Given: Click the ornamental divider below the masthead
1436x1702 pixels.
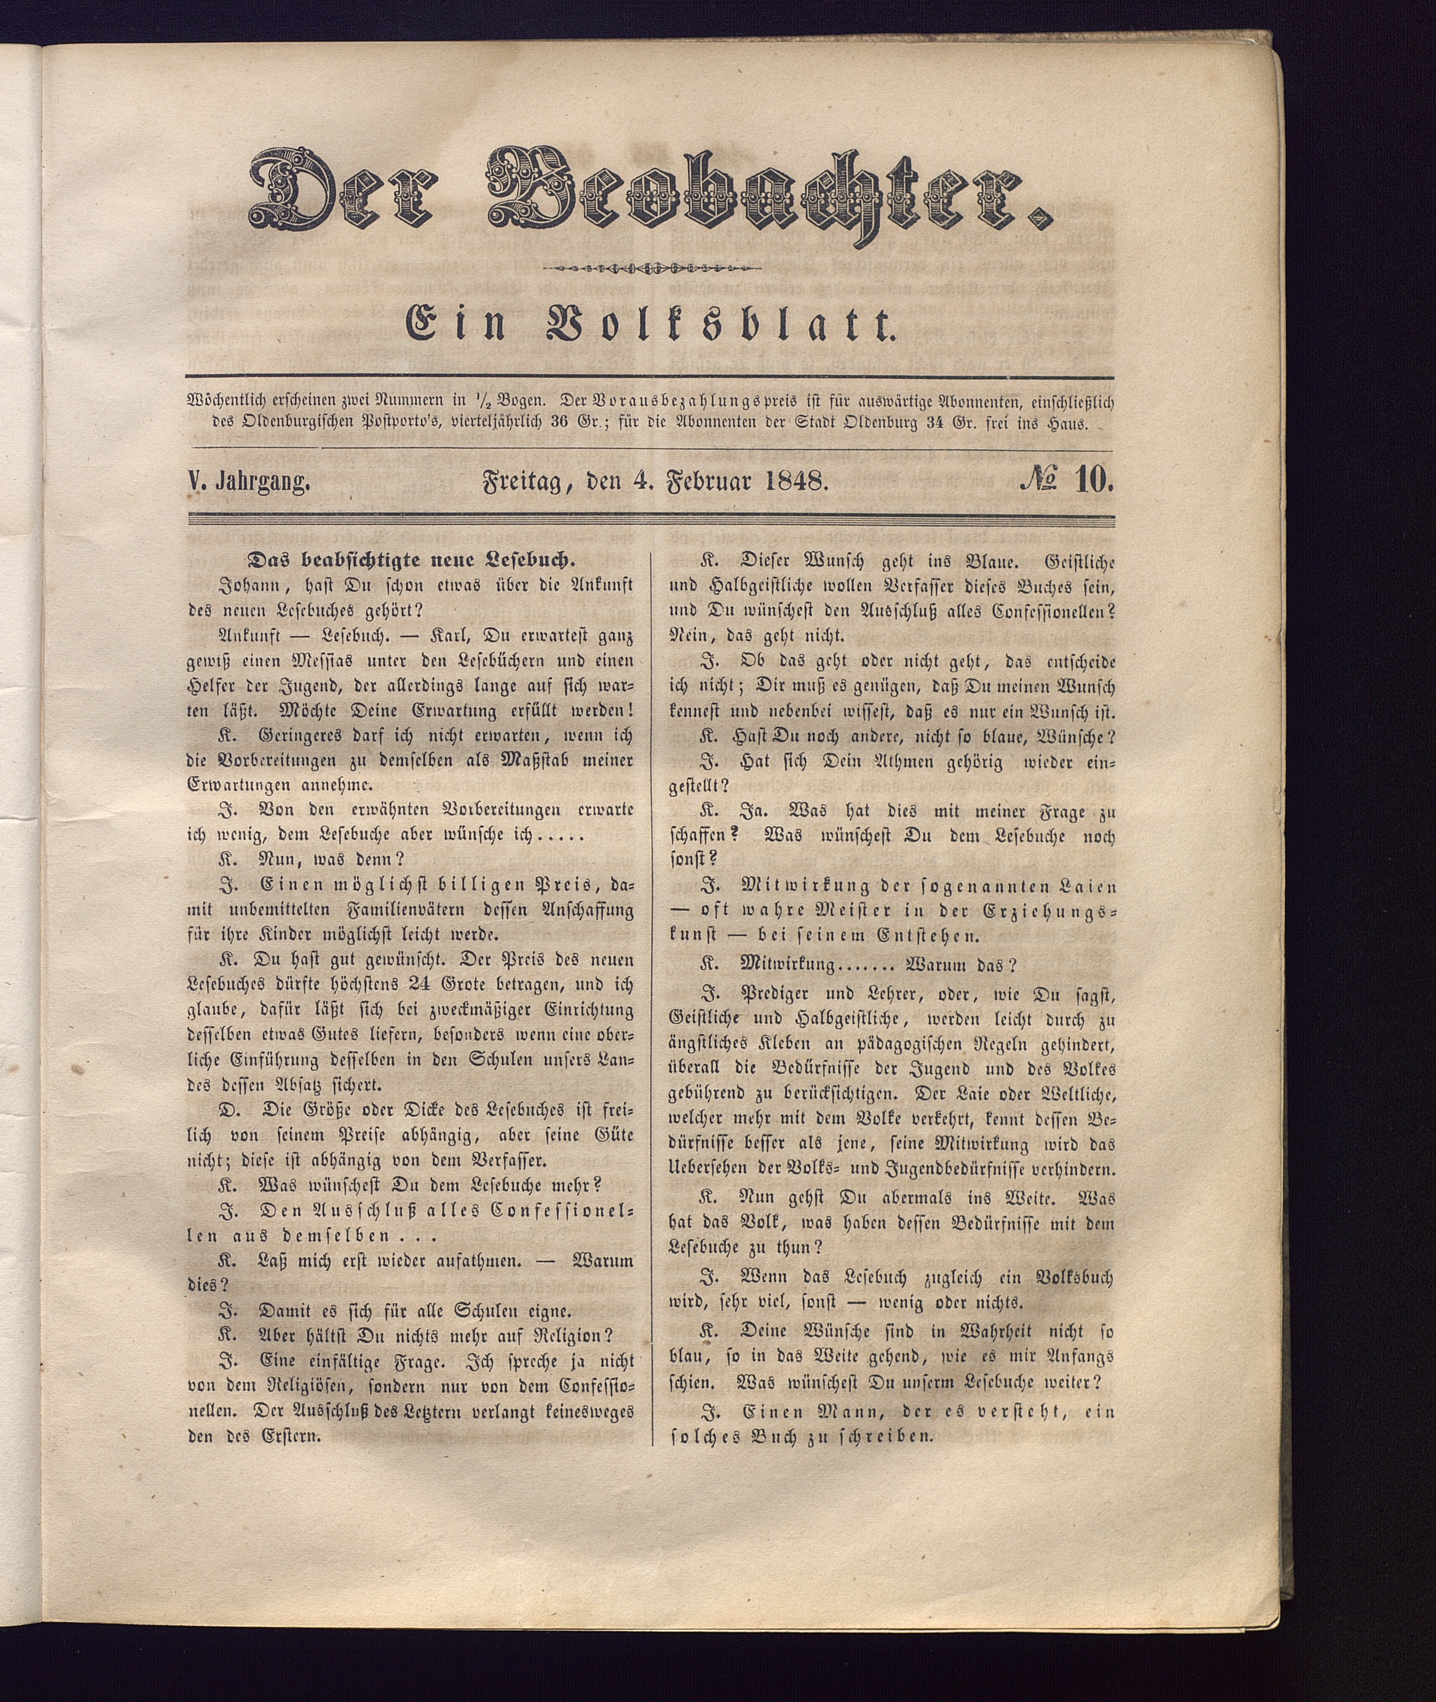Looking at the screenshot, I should tap(651, 268).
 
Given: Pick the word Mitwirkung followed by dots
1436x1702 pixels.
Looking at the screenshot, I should tap(787, 965).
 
